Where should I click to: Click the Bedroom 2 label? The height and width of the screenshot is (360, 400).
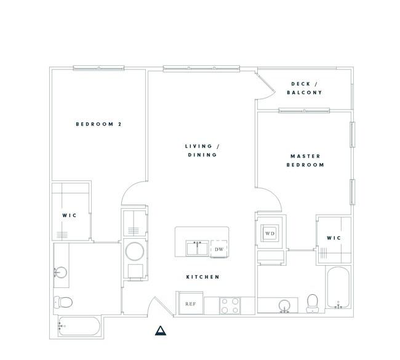[x=98, y=124]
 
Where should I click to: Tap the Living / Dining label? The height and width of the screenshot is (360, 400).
[x=202, y=151]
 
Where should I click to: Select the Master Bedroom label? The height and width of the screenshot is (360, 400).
[x=305, y=161]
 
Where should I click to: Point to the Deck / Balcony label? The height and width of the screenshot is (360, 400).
[x=305, y=88]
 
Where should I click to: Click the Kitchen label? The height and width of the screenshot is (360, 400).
[x=203, y=277]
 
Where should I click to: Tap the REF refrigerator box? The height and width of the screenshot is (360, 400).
[x=191, y=303]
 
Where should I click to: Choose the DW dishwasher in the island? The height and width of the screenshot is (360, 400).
[x=219, y=249]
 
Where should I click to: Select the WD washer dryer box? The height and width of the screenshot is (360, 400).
[x=270, y=233]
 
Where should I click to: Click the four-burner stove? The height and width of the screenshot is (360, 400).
[x=230, y=306]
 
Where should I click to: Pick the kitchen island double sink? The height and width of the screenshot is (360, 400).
[x=197, y=248]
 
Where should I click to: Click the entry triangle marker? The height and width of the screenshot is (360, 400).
[x=161, y=330]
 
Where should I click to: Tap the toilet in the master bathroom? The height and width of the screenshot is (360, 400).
[x=313, y=303]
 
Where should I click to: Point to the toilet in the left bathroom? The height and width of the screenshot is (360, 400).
[x=63, y=302]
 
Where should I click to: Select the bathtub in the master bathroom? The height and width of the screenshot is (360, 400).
[x=338, y=287]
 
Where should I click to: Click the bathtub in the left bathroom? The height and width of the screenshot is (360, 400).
[x=79, y=326]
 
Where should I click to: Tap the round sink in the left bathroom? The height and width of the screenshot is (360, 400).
[x=61, y=273]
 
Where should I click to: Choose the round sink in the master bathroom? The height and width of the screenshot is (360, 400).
[x=284, y=306]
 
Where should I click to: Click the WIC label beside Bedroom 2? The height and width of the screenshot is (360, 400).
[x=70, y=215]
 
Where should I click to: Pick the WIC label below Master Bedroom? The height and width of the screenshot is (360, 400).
[x=334, y=238]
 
